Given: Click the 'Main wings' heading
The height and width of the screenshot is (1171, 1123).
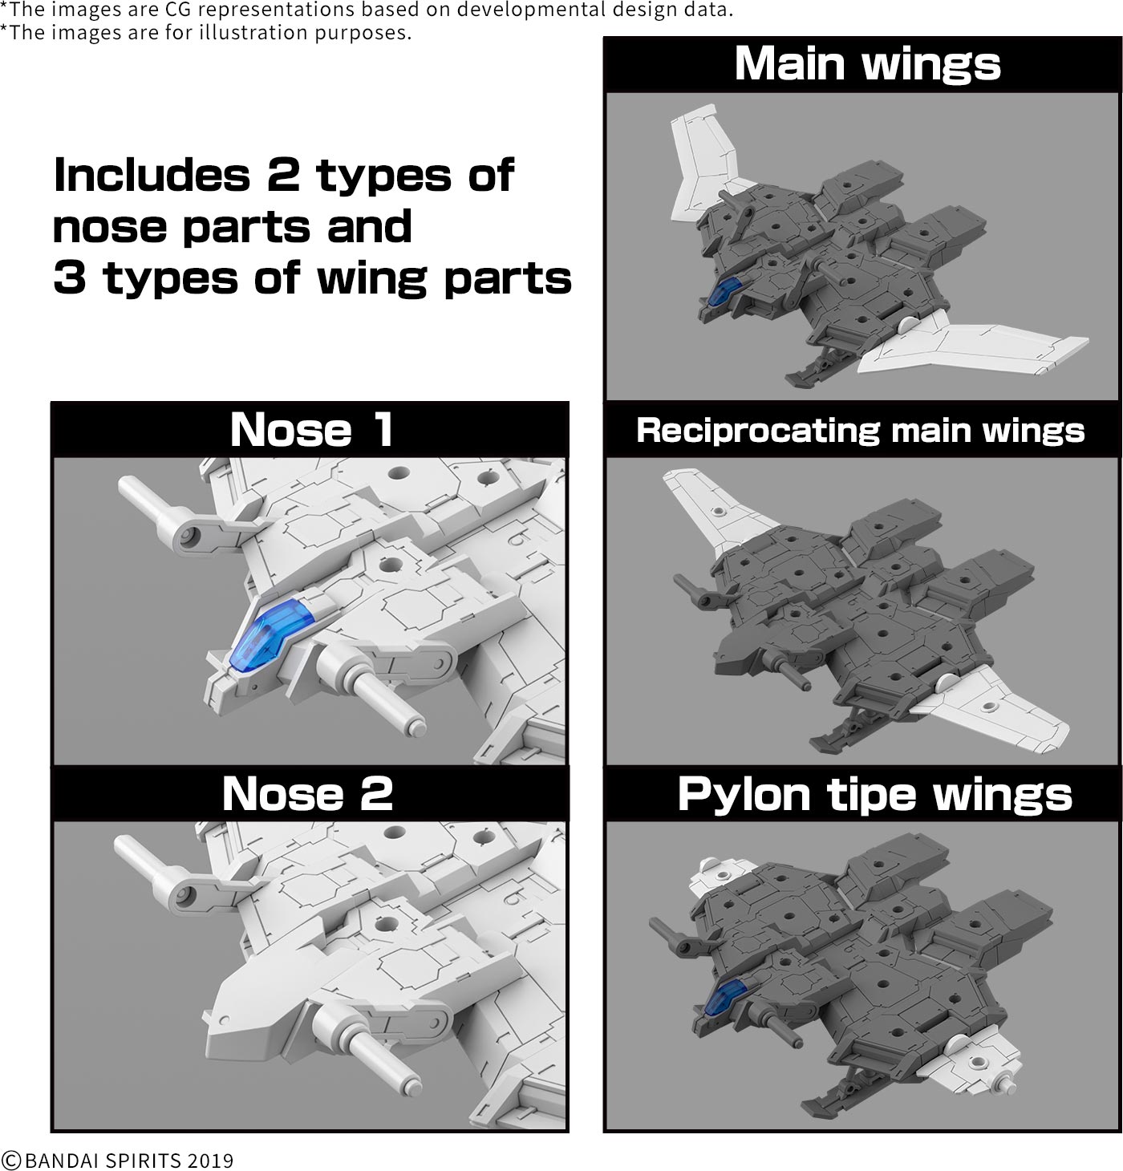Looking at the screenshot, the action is (x=867, y=64).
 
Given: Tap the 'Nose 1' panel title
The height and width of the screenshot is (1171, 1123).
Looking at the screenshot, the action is (x=311, y=430).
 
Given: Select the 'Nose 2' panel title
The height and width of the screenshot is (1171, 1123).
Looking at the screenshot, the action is (x=307, y=794).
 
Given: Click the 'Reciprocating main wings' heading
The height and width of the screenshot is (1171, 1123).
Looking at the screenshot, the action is (x=861, y=431).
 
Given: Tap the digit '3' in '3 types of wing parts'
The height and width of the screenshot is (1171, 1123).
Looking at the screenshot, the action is (x=69, y=278).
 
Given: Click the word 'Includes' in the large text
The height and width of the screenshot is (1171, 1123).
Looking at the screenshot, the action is (x=152, y=175).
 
